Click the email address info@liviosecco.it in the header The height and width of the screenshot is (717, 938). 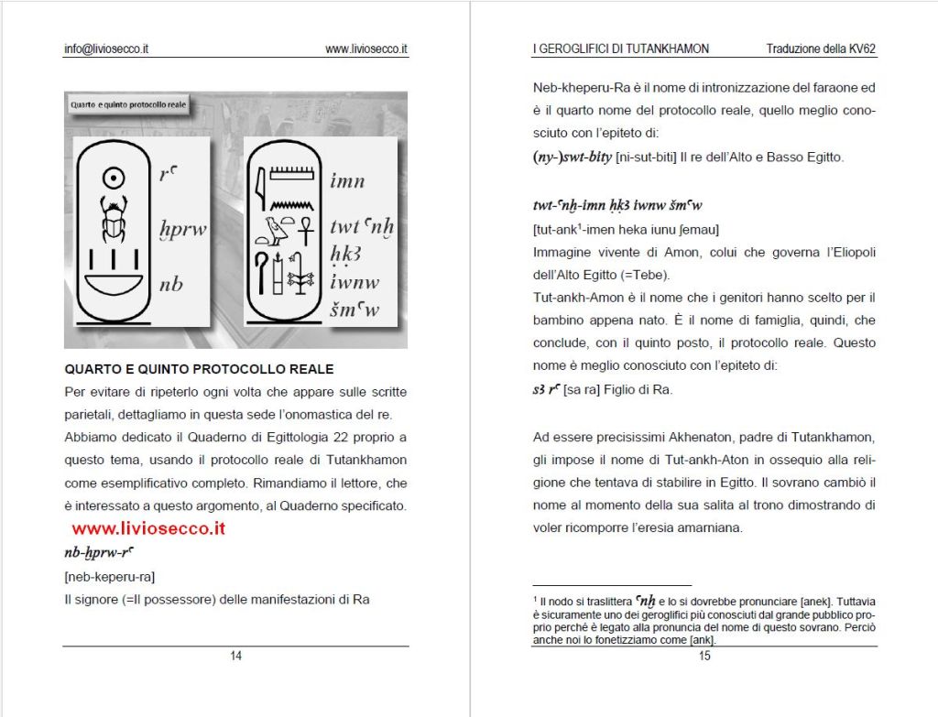106,49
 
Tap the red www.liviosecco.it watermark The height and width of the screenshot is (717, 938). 148,528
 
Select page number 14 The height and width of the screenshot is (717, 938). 235,655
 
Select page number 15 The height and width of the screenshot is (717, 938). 704,655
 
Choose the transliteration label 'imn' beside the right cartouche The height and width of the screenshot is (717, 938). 347,181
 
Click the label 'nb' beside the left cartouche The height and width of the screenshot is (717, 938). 171,284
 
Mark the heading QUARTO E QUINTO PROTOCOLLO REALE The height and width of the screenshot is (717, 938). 199,369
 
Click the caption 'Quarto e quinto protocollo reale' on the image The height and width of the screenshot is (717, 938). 128,104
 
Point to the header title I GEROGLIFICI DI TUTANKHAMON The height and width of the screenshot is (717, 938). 621,49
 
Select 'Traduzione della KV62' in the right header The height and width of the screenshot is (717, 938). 822,49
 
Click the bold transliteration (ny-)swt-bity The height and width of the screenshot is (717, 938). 573,157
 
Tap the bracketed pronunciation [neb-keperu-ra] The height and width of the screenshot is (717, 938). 110,577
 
